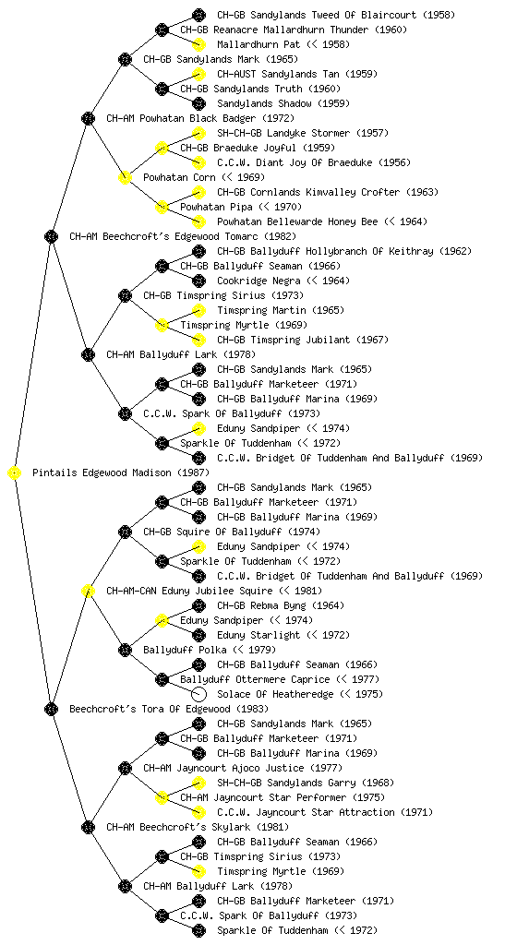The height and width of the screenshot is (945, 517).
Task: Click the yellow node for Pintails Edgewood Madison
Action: pyautogui.click(x=15, y=473)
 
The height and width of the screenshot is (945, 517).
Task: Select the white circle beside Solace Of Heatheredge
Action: pyautogui.click(x=198, y=694)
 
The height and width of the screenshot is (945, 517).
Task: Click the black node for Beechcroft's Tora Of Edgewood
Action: pyautogui.click(x=51, y=709)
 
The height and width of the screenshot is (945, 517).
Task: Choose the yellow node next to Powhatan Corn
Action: pyautogui.click(x=125, y=178)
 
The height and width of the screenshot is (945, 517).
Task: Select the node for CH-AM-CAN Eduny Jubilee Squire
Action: pyautogui.click(x=88, y=592)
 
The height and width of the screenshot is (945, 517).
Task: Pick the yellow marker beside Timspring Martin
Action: pyautogui.click(x=198, y=310)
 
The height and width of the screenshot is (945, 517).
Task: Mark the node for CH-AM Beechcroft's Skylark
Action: pyautogui.click(x=88, y=827)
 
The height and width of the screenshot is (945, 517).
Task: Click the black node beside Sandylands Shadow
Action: pyautogui.click(x=198, y=103)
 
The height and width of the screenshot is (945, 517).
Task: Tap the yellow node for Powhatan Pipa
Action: pyautogui.click(x=162, y=208)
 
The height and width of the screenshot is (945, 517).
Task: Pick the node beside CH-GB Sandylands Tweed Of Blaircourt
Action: pyautogui.click(x=198, y=15)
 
